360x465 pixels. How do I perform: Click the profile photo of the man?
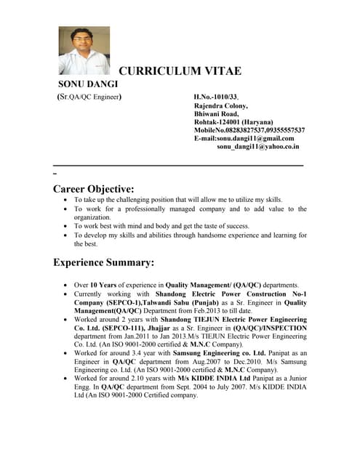(84, 51)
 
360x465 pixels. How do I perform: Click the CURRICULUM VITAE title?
(180, 71)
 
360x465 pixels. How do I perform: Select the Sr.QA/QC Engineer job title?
(89, 96)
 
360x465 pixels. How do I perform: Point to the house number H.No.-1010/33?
(216, 96)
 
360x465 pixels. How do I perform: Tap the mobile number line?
(249, 130)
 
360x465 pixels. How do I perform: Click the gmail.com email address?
(244, 138)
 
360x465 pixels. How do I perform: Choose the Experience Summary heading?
(104, 262)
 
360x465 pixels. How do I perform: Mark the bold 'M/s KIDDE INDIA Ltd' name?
(216, 379)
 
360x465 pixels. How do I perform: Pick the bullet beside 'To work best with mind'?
(67, 227)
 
